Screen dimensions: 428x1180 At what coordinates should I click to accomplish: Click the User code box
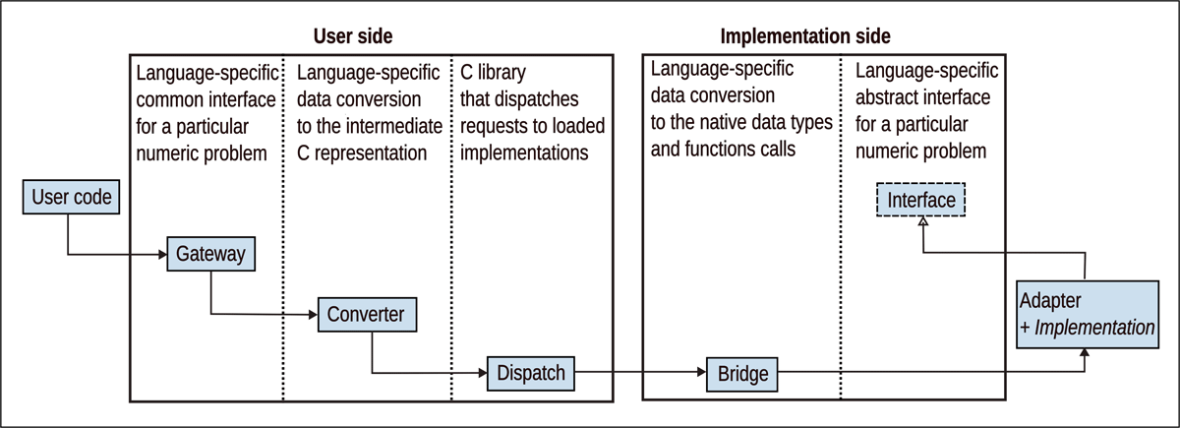[x=72, y=198]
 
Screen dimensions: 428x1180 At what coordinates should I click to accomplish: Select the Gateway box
[x=211, y=255]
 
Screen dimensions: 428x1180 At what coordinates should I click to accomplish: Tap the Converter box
[x=367, y=314]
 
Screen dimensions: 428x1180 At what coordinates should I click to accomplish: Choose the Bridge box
[x=742, y=373]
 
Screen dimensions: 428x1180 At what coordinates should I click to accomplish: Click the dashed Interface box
[x=921, y=201]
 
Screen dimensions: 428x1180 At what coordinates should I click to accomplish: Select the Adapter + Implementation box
[x=1087, y=314]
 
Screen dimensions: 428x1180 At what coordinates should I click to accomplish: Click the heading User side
[x=353, y=37]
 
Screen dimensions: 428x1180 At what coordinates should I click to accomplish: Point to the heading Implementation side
[x=805, y=37]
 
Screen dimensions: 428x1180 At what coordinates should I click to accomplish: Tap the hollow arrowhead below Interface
[x=921, y=222]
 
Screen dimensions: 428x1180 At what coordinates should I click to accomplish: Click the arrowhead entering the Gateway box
[x=160, y=256]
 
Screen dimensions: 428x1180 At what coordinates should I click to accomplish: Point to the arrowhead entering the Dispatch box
[x=483, y=374]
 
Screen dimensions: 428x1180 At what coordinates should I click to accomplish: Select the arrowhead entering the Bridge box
[x=700, y=374]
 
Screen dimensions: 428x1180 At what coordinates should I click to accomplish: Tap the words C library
[x=498, y=72]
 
